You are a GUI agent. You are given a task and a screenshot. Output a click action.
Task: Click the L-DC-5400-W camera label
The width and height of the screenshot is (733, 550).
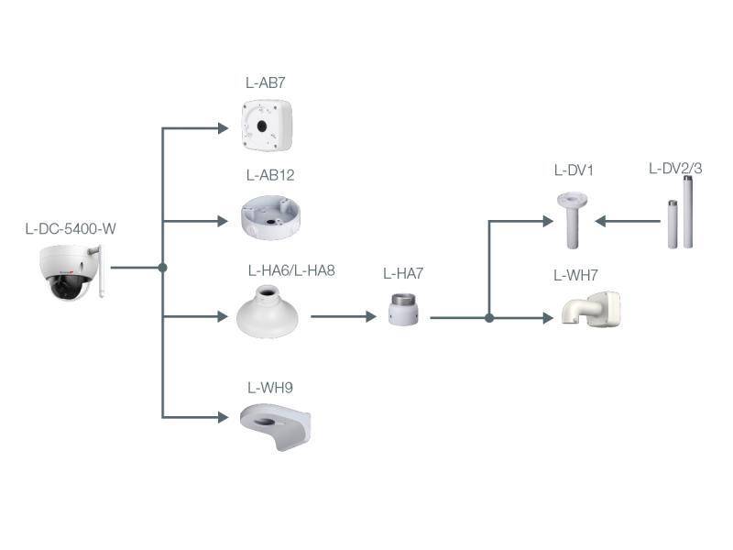click(71, 228)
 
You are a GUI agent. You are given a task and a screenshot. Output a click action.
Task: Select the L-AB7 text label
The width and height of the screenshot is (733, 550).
click(265, 82)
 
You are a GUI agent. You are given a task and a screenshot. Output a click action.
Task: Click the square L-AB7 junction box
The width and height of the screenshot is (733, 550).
click(266, 125)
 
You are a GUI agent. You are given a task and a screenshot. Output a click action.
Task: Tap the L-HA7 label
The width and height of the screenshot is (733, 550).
click(403, 273)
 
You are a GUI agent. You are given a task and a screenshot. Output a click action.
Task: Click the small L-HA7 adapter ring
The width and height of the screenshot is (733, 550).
click(403, 310)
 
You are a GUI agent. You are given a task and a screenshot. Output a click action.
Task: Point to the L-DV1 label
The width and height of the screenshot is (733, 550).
click(574, 170)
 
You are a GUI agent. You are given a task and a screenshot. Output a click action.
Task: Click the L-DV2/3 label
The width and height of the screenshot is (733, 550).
click(675, 168)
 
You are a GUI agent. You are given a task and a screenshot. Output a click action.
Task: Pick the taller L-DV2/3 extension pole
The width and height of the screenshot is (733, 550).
click(687, 213)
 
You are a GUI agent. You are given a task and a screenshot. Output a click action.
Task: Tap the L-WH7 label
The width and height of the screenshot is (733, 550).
click(574, 275)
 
